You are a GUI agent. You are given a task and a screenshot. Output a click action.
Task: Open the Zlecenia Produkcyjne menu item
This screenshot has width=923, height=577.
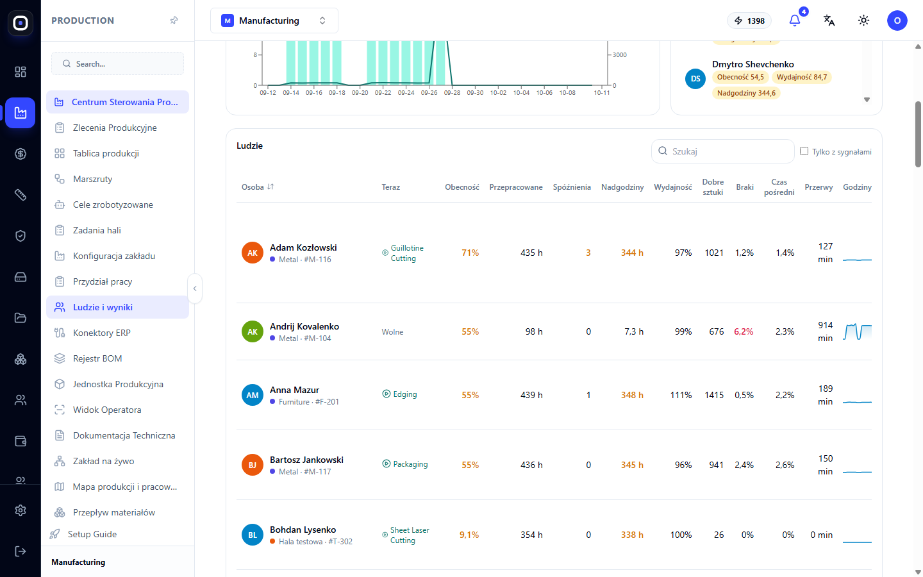[x=115, y=128]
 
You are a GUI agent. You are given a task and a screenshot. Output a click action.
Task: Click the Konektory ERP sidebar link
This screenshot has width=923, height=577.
[x=101, y=333]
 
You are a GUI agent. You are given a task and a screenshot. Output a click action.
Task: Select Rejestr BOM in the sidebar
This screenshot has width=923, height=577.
[x=97, y=358]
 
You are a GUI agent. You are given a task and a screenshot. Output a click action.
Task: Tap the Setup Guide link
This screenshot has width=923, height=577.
[x=92, y=534]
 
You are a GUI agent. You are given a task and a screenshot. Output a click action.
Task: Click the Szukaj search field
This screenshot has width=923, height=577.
[x=723, y=151]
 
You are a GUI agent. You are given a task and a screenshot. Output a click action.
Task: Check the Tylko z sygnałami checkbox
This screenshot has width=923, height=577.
[x=804, y=151]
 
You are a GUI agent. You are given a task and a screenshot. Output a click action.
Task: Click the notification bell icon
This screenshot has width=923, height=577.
[x=794, y=21]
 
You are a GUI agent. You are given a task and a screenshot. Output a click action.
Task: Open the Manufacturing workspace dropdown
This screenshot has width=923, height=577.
[x=274, y=21]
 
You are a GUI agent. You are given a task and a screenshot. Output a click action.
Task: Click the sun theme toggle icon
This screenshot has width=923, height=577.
[x=863, y=21]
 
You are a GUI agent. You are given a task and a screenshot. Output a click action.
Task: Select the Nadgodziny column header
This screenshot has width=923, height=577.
[x=622, y=187]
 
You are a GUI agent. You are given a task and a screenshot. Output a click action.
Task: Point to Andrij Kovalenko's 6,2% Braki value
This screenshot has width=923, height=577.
[x=744, y=332]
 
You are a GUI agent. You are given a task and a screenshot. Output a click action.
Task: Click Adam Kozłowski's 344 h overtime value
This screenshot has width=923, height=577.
[x=632, y=253]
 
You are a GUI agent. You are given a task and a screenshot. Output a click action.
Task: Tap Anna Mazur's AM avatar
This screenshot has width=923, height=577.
[x=252, y=395]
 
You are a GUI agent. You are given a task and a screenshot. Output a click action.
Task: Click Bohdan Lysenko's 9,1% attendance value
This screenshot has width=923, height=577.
[x=469, y=535]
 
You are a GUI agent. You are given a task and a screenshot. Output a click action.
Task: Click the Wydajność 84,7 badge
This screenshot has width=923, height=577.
[x=801, y=77]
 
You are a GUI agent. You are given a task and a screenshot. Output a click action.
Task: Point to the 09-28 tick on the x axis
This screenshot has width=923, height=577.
[x=452, y=93]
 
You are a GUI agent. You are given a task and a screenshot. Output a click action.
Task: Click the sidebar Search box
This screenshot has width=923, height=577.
[x=117, y=64]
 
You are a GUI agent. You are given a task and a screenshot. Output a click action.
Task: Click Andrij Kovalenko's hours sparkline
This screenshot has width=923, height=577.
[x=857, y=332]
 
